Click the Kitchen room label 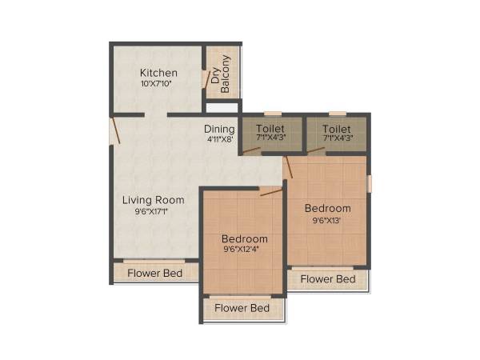point(158,73)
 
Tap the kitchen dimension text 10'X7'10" point(158,84)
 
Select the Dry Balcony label point(220,74)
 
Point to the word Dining point(218,129)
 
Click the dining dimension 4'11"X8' point(218,139)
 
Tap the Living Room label point(154,200)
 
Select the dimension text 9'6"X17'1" point(154,211)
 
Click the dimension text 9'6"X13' point(327,220)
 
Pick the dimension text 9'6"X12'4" point(245,250)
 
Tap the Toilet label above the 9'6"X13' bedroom point(336,129)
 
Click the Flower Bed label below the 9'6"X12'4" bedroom point(242,308)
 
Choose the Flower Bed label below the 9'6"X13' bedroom point(328,279)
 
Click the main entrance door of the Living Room point(115,130)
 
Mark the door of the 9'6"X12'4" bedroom point(270,191)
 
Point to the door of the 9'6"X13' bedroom point(288,167)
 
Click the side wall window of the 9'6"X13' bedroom point(369,182)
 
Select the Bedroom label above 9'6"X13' point(327,209)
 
